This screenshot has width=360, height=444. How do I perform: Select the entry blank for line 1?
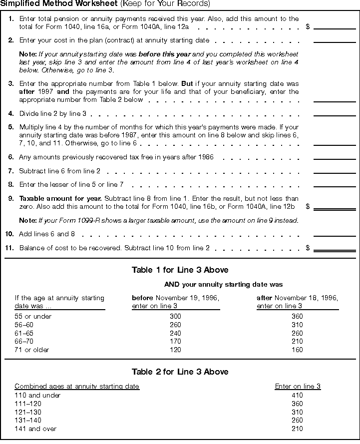[x=334, y=25]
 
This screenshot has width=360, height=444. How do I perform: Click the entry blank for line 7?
[x=334, y=171]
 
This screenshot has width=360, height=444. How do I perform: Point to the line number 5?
[x=11, y=127]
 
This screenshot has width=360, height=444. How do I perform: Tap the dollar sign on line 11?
[x=308, y=248]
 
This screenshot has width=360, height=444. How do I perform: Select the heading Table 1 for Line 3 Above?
[x=180, y=270]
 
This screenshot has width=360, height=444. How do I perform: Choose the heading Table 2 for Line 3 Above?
[x=180, y=372]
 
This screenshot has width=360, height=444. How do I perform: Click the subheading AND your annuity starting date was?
[x=223, y=285]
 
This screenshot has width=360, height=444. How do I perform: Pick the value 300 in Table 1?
[x=175, y=317]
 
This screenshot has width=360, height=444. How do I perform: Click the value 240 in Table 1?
[x=175, y=334]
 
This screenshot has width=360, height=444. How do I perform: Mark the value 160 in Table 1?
[x=297, y=350]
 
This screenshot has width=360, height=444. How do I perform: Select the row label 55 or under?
[x=33, y=317]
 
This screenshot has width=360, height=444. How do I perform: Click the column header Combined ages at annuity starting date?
[x=77, y=387]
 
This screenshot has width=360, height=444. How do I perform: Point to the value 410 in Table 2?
[x=297, y=396]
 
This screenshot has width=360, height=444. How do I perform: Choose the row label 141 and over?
[x=35, y=429]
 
